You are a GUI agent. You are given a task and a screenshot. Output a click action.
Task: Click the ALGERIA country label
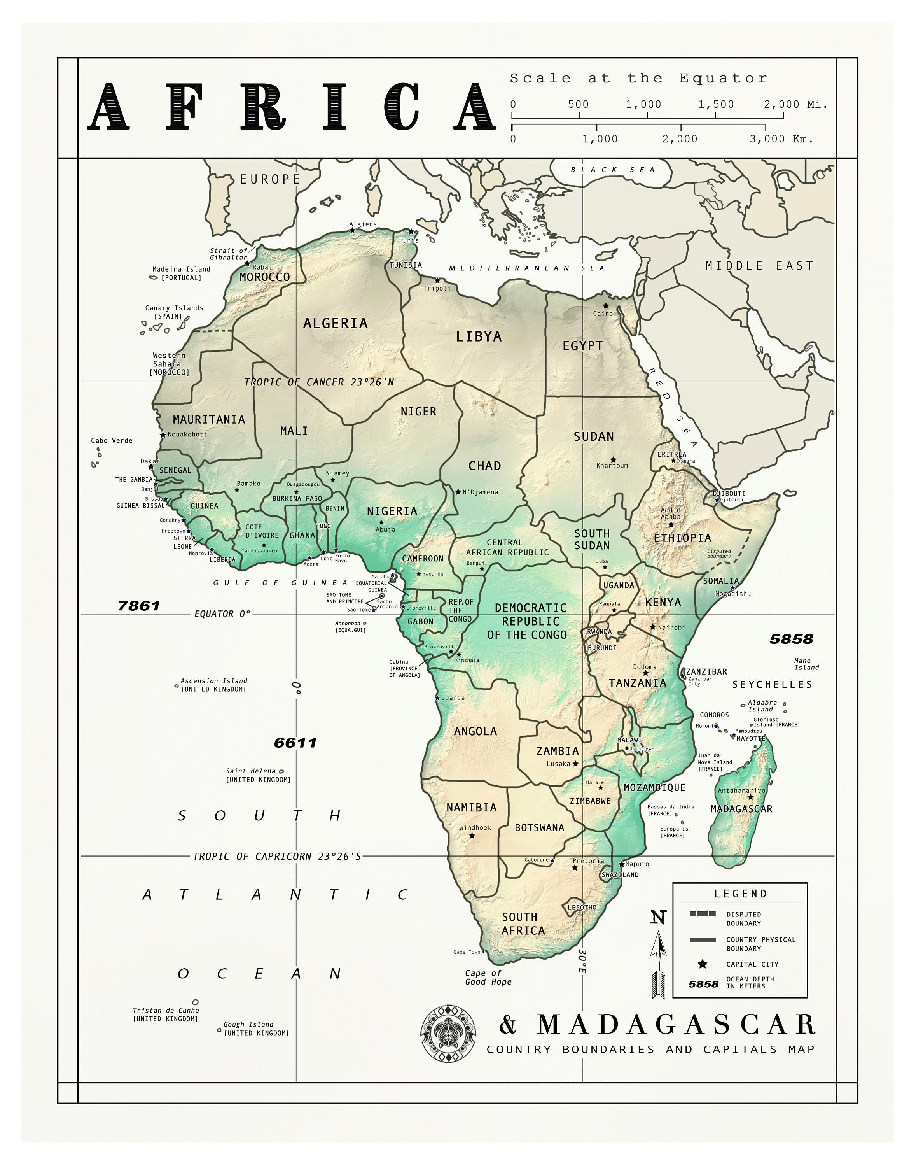coord(335,324)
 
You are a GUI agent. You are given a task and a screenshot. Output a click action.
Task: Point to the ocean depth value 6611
coord(295,743)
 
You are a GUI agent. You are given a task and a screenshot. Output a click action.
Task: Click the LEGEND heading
coord(741,894)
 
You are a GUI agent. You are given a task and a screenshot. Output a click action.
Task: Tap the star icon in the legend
coord(702,964)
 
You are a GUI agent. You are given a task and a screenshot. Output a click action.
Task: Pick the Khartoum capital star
coord(614,460)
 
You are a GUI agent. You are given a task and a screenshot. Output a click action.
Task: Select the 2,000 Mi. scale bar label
coord(796,105)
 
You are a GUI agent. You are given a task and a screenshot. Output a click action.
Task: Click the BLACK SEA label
coord(612,170)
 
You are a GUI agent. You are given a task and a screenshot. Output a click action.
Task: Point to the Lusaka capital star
coord(575,764)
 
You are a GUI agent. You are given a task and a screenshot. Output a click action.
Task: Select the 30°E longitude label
coord(582,962)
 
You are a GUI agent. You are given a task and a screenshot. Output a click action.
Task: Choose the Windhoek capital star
coord(472,836)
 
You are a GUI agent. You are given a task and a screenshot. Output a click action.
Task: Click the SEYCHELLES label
coord(772,685)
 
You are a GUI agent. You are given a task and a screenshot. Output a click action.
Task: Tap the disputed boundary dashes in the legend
coord(702,914)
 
